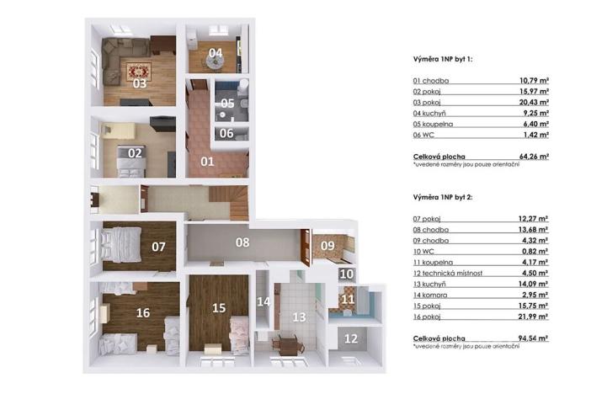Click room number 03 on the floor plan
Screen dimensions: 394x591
[140, 83]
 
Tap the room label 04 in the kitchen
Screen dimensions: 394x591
[216, 53]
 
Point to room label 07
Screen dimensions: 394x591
[157, 248]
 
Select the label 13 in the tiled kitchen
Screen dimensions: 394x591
[298, 317]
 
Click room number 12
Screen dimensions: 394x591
[351, 338]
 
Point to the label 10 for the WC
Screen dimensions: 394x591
[346, 274]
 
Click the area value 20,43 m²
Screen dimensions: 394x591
[534, 100]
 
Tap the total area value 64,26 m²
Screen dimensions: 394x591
[533, 156]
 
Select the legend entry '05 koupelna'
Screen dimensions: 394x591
[431, 122]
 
